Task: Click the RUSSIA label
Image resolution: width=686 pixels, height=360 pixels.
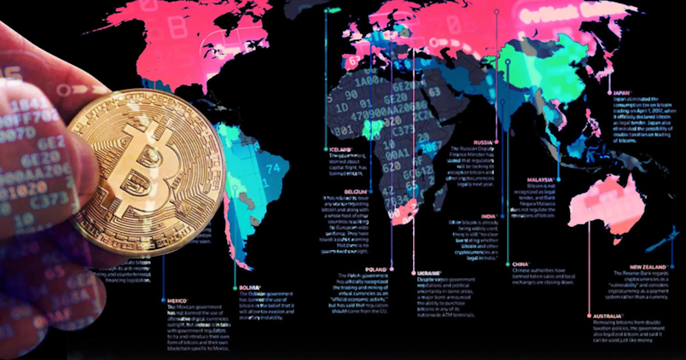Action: [x=484, y=142]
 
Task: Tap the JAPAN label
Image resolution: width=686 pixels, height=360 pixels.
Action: [x=621, y=94]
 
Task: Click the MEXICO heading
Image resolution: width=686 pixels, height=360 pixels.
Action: [x=177, y=300]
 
